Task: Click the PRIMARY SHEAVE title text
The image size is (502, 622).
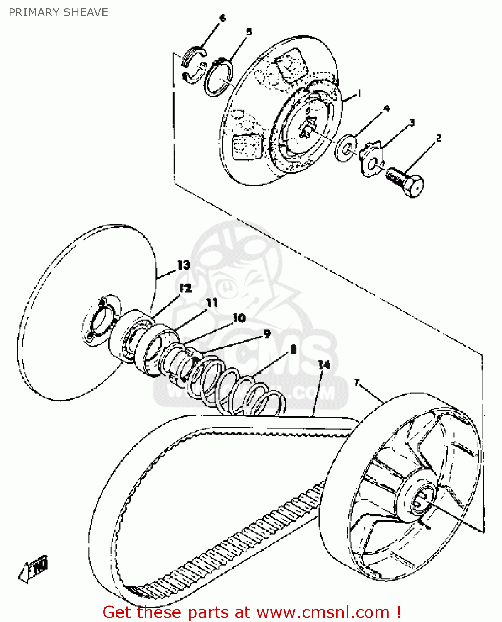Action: [58, 12]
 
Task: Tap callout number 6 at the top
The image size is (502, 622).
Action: [223, 18]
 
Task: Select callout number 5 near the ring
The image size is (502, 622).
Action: [249, 32]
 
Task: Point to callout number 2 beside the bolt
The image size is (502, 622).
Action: [439, 138]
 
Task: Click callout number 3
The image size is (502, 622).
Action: [412, 123]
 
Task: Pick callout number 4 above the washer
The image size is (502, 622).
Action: [386, 109]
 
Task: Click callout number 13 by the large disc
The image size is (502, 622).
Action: [184, 265]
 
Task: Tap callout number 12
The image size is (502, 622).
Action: [185, 288]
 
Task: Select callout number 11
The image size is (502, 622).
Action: [212, 303]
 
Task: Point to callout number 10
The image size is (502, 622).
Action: [239, 318]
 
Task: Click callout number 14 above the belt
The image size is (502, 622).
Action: [324, 364]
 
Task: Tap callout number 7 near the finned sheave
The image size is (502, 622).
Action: [357, 382]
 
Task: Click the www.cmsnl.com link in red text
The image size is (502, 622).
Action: [323, 612]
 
